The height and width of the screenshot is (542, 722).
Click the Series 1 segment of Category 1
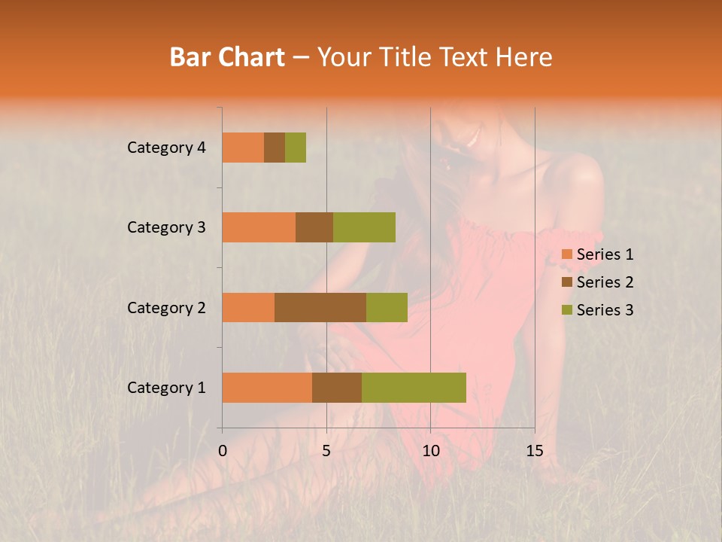pos(267,388)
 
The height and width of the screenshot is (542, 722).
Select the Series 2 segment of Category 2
pos(320,307)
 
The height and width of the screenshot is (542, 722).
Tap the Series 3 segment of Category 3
pos(364,227)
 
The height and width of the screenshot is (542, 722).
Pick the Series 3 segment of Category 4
pos(296,148)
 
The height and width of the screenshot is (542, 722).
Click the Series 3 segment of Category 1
pos(414,388)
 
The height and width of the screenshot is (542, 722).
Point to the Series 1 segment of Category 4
pos(243,148)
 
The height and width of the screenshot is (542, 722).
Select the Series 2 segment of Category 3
pos(314,227)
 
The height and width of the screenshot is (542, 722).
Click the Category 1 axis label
pos(166,388)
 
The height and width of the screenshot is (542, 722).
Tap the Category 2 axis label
pos(166,307)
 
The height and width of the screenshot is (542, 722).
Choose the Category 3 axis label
pos(166,227)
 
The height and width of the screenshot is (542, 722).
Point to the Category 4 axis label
pos(166,148)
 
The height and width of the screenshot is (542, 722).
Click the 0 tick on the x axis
pos(223,451)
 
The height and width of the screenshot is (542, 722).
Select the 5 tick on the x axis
pos(326,451)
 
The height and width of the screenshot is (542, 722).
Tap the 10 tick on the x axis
pos(430,451)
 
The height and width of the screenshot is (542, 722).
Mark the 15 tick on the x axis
pos(534,451)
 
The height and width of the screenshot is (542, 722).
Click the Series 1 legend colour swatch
pos(566,254)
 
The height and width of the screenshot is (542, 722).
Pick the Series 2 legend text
pos(605,282)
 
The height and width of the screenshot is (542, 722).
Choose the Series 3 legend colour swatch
pos(566,310)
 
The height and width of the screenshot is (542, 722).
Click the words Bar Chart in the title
pos(227,57)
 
